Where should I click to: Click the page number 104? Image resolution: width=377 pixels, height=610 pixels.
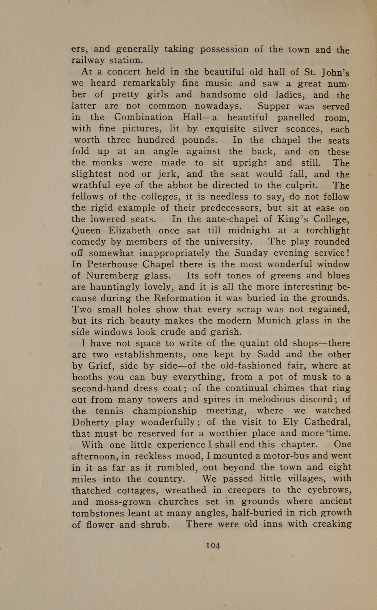(213, 545)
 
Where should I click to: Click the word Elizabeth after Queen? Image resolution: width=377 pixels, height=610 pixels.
(130, 231)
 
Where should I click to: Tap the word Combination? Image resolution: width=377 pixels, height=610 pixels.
(144, 117)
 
